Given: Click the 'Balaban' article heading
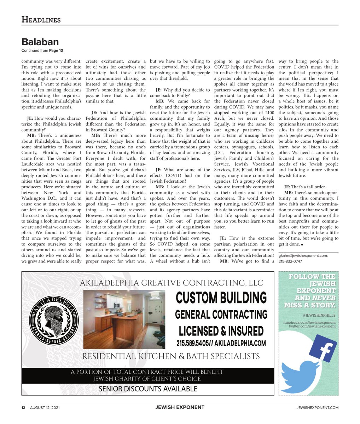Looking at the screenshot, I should (40, 42).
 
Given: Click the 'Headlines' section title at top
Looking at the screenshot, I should (41, 20).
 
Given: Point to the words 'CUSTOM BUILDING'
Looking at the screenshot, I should (221, 298).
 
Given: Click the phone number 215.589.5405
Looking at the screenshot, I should (193, 343).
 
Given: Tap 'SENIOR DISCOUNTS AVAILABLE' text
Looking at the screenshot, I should (148, 389).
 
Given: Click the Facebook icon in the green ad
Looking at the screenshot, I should (323, 348).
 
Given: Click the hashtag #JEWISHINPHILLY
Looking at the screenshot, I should (319, 315).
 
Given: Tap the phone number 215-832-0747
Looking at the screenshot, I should (290, 261).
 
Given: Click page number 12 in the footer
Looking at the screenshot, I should (23, 407).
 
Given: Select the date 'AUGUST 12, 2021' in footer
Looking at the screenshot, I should (45, 407).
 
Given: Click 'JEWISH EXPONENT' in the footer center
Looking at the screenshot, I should (180, 407).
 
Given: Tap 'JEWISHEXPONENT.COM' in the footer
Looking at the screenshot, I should (317, 407).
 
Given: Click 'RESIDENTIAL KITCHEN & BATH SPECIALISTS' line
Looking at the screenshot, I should (171, 356).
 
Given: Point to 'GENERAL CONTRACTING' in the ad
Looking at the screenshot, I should (221, 314).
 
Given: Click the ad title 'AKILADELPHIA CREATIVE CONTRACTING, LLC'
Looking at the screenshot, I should (172, 283).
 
